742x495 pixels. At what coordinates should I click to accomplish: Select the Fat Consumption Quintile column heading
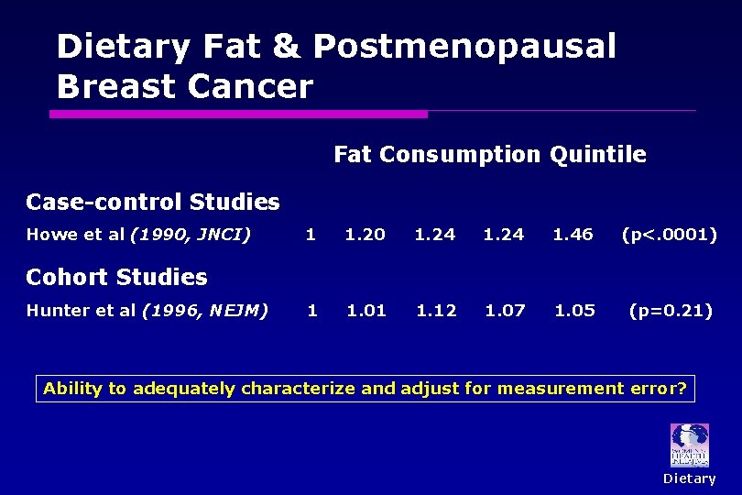tap(489, 155)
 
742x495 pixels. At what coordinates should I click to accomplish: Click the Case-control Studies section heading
tap(152, 202)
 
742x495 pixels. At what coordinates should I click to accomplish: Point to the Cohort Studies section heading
tap(116, 277)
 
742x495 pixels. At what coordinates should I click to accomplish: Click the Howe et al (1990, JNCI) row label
tap(138, 235)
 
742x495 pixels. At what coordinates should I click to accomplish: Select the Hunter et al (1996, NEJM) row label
tap(147, 311)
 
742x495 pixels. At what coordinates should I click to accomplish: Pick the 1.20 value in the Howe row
tap(365, 235)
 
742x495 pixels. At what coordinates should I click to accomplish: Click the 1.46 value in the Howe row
tap(573, 235)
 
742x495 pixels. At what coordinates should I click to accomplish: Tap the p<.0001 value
tap(669, 235)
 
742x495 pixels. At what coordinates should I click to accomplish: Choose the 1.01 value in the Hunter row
tap(366, 311)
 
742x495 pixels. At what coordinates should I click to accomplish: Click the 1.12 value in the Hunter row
tap(436, 311)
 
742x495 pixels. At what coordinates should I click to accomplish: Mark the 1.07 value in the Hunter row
tap(505, 311)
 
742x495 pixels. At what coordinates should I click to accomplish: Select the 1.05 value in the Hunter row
tap(574, 311)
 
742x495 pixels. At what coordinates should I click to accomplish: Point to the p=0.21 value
tap(670, 311)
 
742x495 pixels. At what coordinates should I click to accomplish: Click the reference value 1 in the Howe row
tap(311, 235)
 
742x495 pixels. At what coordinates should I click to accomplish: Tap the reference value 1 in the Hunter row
tap(312, 311)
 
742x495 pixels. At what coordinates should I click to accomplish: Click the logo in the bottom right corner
tap(689, 445)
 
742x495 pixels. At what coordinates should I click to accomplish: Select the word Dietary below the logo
tap(689, 478)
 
